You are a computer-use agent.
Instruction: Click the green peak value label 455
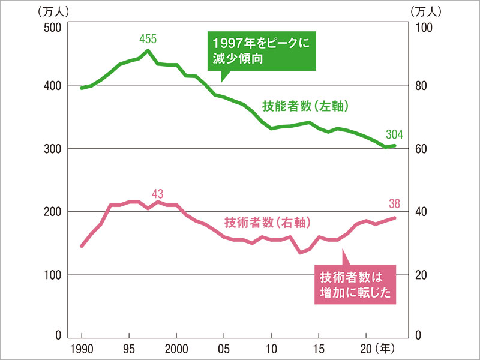click(x=148, y=40)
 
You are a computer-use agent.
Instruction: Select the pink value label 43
click(x=158, y=194)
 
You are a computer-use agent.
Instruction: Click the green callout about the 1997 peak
click(x=261, y=51)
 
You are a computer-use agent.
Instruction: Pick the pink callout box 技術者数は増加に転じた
click(x=355, y=285)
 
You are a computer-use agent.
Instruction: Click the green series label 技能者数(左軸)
click(x=305, y=106)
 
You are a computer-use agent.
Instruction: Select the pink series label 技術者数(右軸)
click(x=266, y=223)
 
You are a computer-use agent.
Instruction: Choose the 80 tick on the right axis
click(x=419, y=86)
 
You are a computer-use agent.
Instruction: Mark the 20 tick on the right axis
click(x=419, y=275)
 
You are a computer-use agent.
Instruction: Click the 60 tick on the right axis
click(x=419, y=149)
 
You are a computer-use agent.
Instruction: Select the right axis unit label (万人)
click(x=426, y=11)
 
